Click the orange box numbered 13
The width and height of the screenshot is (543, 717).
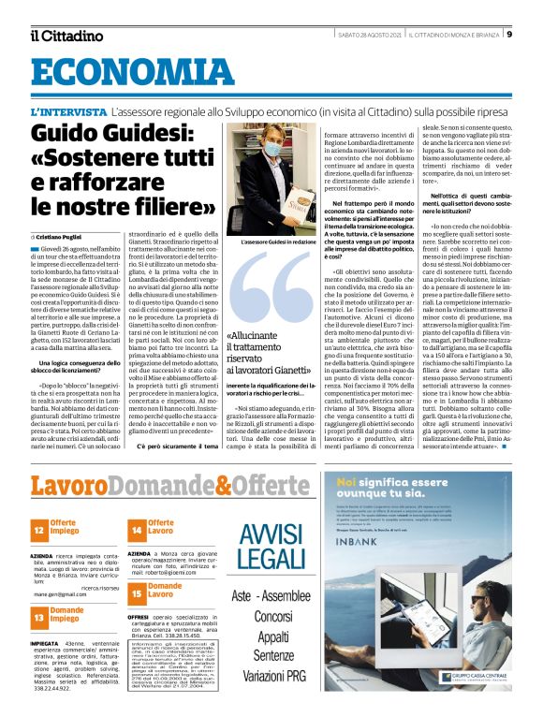38,617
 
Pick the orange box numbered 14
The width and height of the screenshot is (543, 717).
136,530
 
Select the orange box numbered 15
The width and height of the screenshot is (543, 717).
136,592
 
